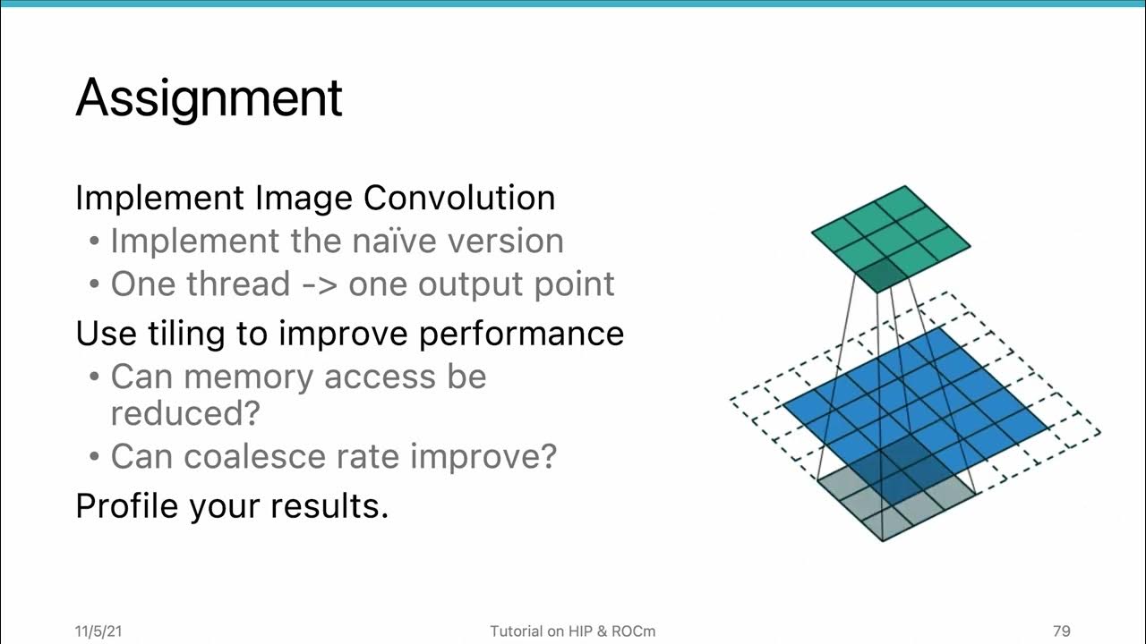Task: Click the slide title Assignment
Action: (x=209, y=98)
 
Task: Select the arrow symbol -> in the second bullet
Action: (x=319, y=284)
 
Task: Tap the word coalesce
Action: (x=243, y=456)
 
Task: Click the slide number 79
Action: (x=1061, y=631)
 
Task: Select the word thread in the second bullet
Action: (x=238, y=284)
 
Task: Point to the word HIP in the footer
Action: (x=582, y=631)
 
